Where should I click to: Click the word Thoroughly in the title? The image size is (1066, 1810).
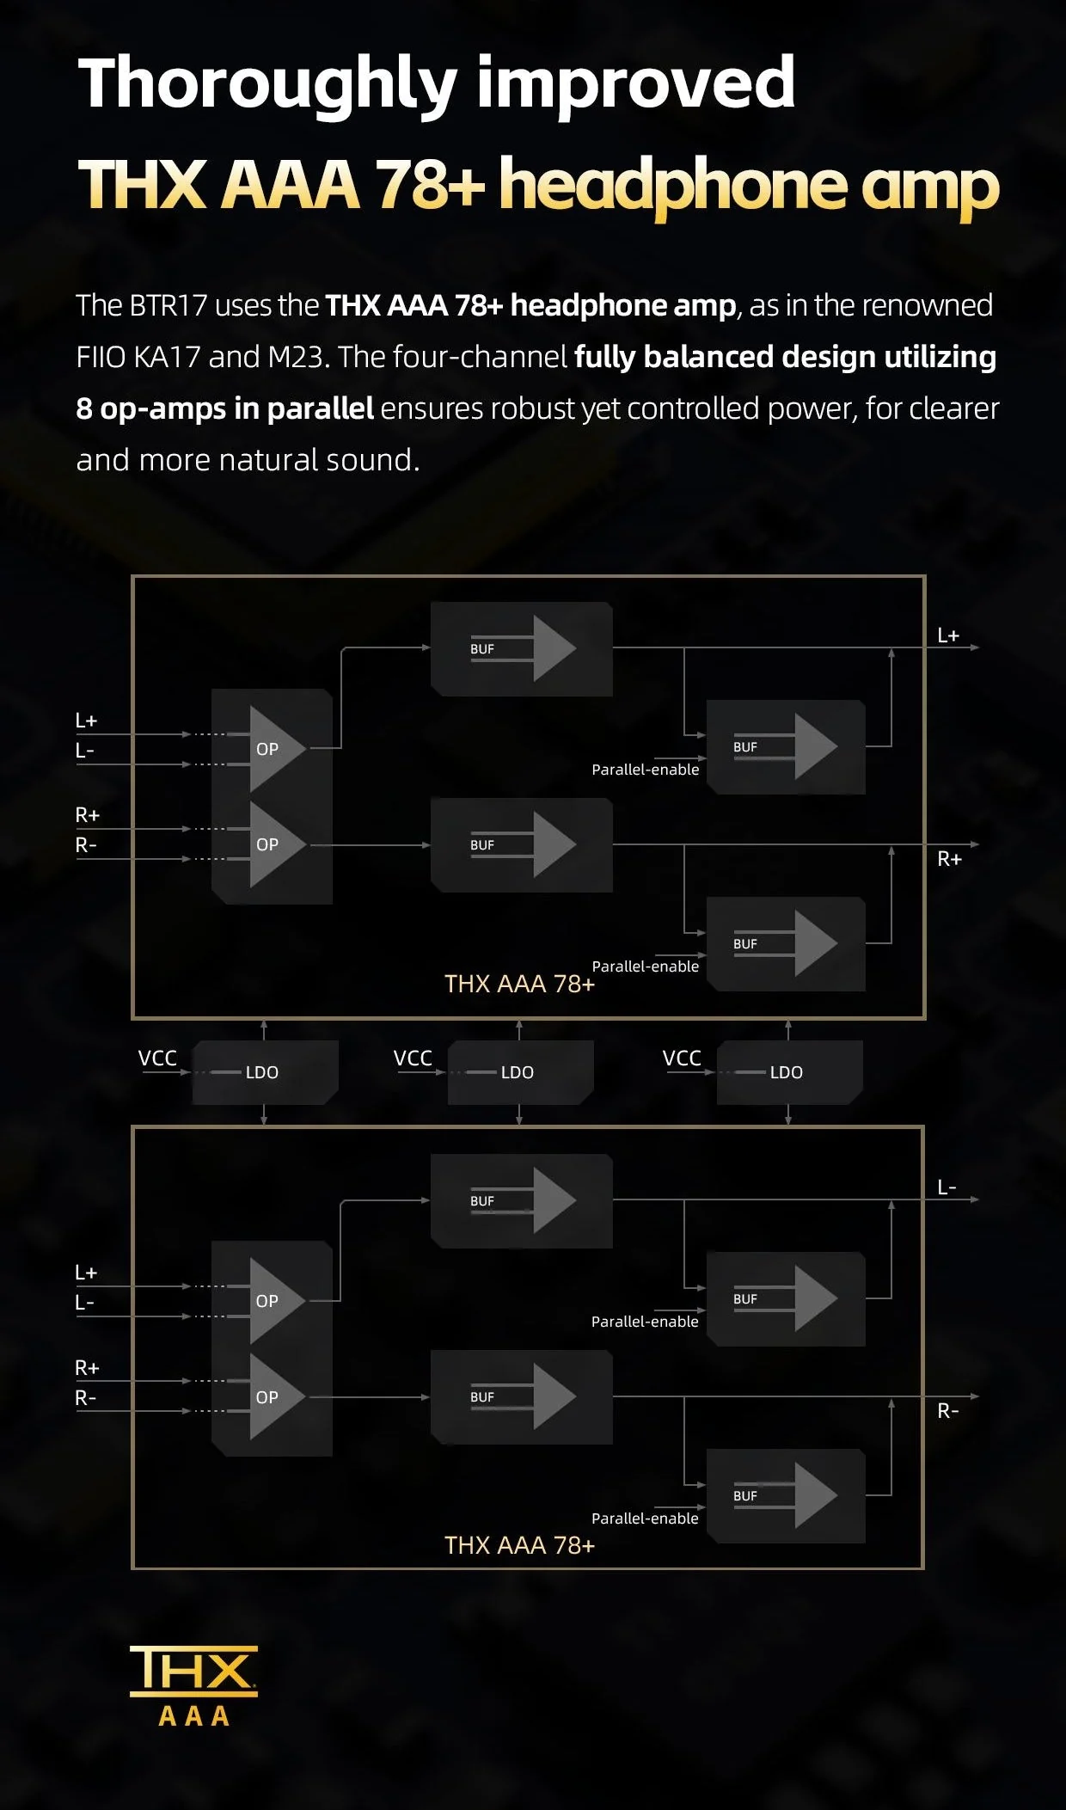[267, 84]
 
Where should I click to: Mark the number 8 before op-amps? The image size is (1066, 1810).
[83, 409]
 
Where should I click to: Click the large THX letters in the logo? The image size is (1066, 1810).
[193, 1670]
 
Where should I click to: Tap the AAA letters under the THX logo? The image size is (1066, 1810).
[194, 1716]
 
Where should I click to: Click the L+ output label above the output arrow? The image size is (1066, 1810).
[947, 635]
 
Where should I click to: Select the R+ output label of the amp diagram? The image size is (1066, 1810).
[949, 859]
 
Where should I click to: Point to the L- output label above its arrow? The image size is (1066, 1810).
[947, 1187]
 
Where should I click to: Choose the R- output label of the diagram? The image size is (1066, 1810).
[947, 1411]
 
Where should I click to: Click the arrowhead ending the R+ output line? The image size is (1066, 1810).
[975, 844]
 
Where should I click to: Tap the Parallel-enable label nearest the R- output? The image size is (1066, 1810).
[645, 1519]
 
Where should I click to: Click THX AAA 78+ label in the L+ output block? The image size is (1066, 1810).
[519, 984]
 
